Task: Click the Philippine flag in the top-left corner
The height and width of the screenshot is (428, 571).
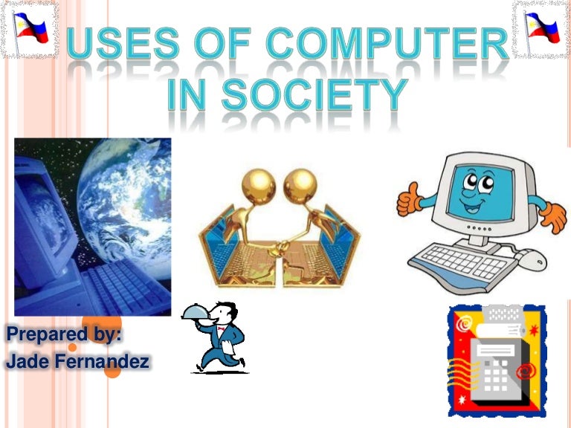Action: coord(29,29)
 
